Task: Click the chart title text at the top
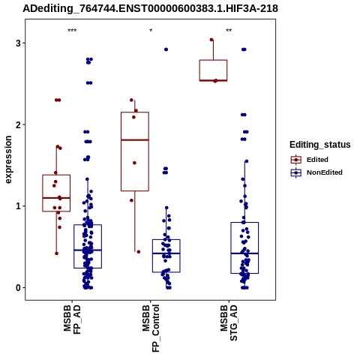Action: (x=150, y=9)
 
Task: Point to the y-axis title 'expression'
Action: (x=8, y=160)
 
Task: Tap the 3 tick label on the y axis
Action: (x=18, y=43)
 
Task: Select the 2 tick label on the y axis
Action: (x=18, y=124)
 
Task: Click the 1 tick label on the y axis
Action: (x=18, y=206)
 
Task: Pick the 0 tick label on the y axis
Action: (x=18, y=288)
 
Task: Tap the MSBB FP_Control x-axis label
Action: (x=151, y=328)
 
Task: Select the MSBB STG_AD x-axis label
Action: (x=229, y=322)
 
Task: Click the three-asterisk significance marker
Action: (x=72, y=31)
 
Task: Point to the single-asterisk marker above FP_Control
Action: (x=151, y=31)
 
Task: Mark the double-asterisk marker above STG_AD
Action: (x=229, y=31)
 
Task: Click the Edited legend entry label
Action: (x=317, y=160)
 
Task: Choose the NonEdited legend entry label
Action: (x=325, y=172)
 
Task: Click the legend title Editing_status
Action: (x=320, y=145)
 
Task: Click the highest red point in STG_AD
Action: (x=211, y=40)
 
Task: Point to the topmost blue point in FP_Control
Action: (x=166, y=49)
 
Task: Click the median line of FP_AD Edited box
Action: (x=56, y=198)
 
